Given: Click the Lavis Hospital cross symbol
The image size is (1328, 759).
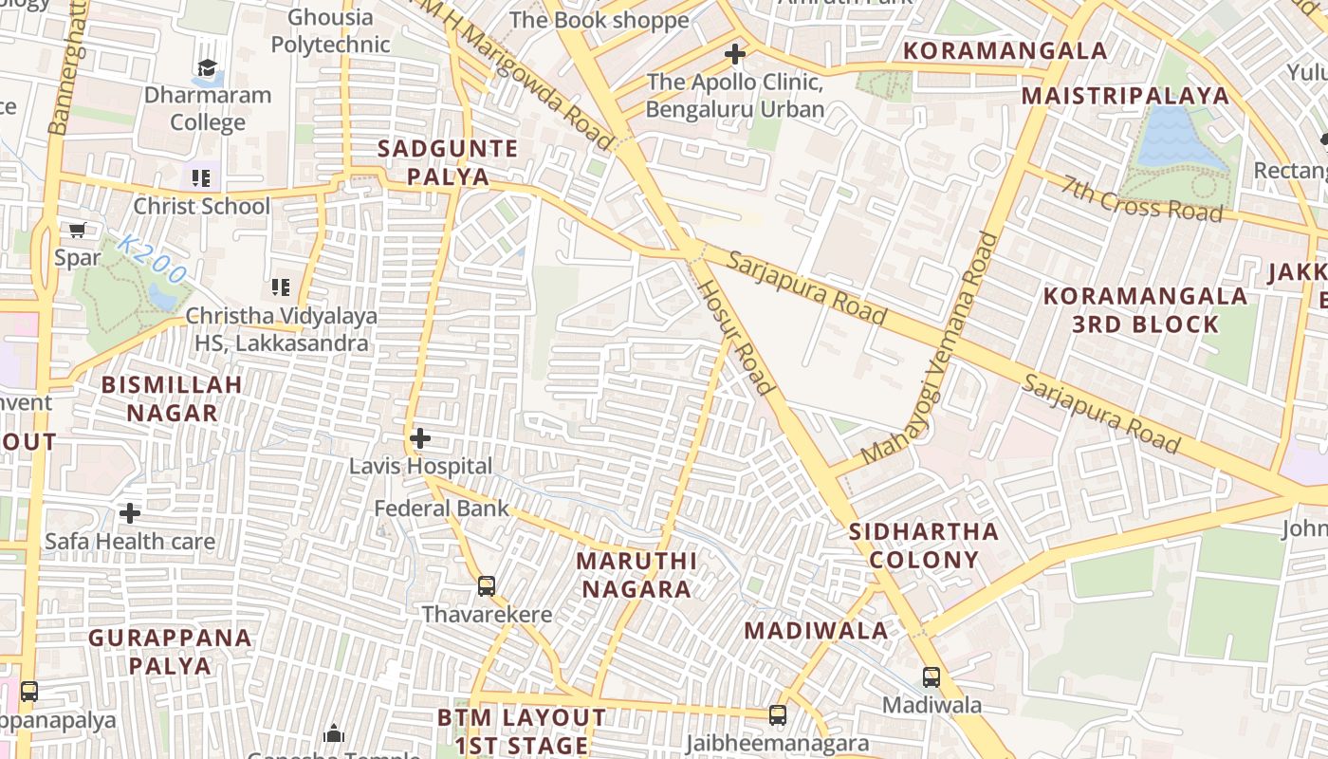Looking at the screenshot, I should click(x=419, y=439).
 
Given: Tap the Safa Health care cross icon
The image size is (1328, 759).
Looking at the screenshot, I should click(x=130, y=513).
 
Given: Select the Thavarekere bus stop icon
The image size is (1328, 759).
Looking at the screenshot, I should click(x=487, y=586).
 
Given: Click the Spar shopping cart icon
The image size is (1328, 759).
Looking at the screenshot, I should click(x=77, y=230).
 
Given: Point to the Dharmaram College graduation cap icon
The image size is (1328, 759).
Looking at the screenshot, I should click(x=207, y=67).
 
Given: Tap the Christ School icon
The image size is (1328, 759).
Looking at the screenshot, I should click(x=200, y=178).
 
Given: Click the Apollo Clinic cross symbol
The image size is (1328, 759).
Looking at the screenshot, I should click(x=734, y=54).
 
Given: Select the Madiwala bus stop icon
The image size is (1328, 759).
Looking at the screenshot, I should click(x=931, y=677).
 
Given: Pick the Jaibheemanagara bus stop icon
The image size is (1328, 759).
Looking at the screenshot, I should click(x=778, y=715).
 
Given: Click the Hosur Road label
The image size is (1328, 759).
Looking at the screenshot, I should click(x=736, y=337).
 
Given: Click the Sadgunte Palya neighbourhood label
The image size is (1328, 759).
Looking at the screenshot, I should click(x=448, y=162).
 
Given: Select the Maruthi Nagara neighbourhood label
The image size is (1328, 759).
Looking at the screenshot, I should click(x=636, y=574).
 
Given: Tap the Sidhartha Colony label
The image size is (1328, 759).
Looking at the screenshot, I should click(x=924, y=545).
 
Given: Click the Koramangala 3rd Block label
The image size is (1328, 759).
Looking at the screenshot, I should click(x=1145, y=310).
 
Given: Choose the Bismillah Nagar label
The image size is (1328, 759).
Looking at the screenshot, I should click(x=172, y=398).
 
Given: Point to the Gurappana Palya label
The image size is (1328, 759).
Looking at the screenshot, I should click(x=171, y=651).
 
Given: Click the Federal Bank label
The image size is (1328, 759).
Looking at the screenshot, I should click(x=441, y=509).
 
